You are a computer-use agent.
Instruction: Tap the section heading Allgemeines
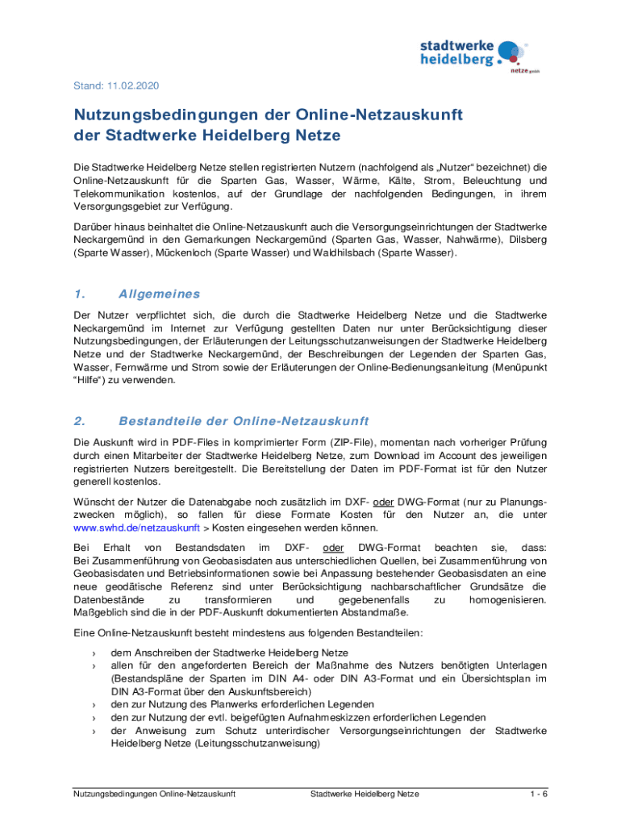click(159, 294)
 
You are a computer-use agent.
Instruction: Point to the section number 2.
click(79, 421)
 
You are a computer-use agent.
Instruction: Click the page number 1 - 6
click(539, 794)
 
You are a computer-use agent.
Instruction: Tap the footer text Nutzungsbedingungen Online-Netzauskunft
click(153, 794)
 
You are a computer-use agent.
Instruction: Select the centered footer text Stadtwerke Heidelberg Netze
click(365, 794)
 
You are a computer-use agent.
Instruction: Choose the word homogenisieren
click(507, 600)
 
